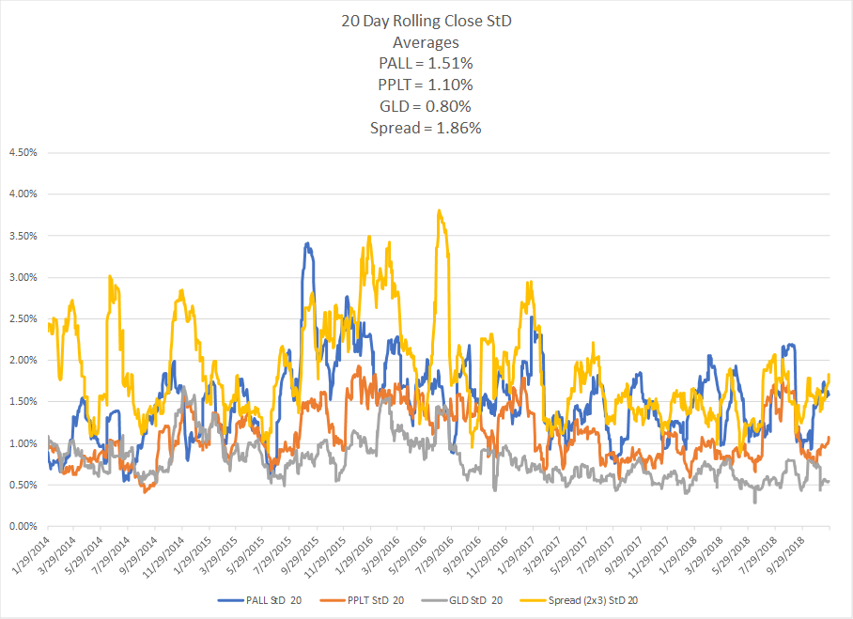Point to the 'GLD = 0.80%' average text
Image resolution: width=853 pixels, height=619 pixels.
click(426, 107)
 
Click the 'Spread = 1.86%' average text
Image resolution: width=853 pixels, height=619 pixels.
click(426, 128)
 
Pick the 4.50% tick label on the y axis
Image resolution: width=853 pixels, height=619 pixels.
click(23, 152)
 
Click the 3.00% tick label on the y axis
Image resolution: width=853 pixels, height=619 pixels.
click(23, 277)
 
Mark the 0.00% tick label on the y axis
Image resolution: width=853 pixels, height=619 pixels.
click(23, 526)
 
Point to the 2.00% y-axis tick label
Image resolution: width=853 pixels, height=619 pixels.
click(23, 360)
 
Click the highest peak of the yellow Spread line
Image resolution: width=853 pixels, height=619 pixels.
click(439, 210)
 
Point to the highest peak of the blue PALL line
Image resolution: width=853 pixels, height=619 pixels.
click(308, 243)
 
